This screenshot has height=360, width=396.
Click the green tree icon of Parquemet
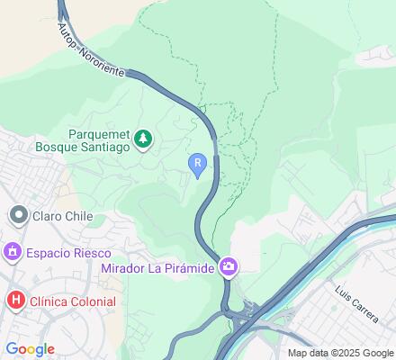[x=142, y=139]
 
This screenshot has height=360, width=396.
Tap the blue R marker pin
[x=198, y=163]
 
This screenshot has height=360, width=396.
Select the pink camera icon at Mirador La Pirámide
[x=229, y=266]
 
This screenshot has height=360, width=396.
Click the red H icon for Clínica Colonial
[x=15, y=301]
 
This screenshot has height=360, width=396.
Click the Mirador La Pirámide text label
[x=157, y=267]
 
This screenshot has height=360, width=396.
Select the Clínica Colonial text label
[x=72, y=301]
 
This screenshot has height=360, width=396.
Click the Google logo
[x=30, y=348]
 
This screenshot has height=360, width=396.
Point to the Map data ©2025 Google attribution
[x=341, y=353]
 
